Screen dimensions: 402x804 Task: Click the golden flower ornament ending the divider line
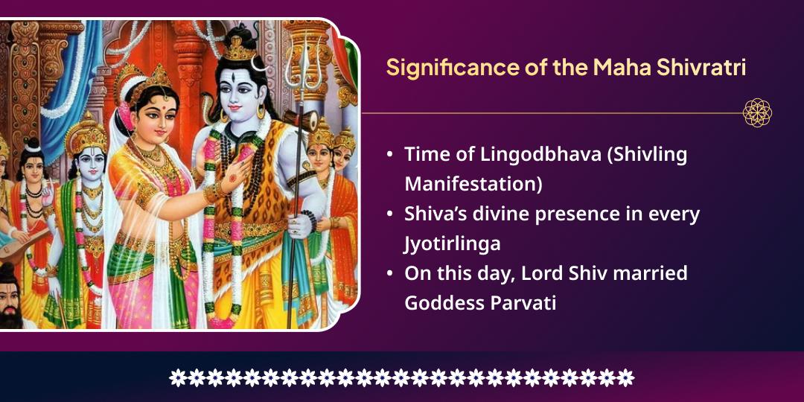pyautogui.click(x=757, y=113)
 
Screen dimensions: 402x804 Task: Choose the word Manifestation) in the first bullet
pyautogui.click(x=473, y=184)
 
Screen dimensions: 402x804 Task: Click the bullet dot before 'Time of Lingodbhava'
pyautogui.click(x=390, y=155)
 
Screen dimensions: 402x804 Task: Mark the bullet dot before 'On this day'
pyautogui.click(x=390, y=273)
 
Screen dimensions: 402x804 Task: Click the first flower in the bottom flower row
pyautogui.click(x=177, y=377)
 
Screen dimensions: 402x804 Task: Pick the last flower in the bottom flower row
pyautogui.click(x=626, y=377)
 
